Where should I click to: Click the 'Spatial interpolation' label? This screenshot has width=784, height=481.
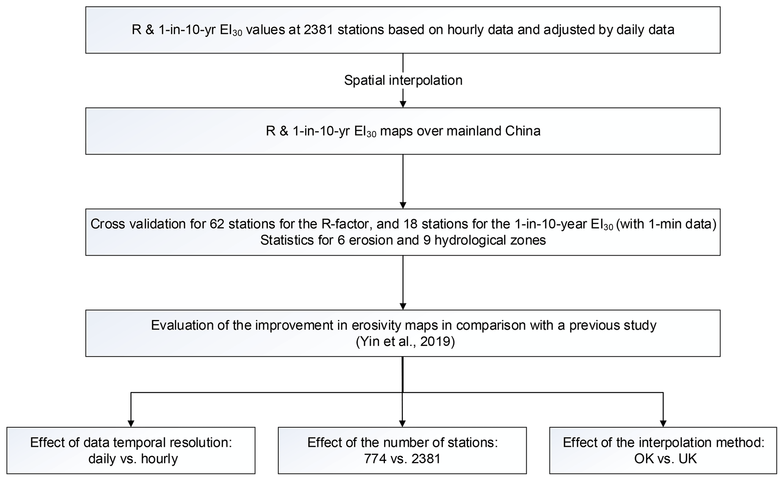click(403, 80)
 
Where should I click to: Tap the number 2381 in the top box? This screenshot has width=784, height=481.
click(318, 30)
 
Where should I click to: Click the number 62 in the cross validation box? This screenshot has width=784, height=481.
click(216, 224)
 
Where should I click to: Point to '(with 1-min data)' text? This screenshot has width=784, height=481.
click(666, 224)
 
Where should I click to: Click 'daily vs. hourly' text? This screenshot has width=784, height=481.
click(133, 459)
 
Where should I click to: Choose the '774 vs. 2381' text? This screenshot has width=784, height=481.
click(402, 459)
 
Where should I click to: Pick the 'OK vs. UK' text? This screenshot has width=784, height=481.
click(665, 459)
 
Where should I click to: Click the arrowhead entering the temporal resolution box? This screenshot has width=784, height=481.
click(131, 424)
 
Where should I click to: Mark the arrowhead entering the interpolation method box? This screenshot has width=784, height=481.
click(663, 424)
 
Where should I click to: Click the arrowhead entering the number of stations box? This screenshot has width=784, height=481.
click(403, 424)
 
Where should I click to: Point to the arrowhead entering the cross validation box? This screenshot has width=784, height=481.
click(403, 205)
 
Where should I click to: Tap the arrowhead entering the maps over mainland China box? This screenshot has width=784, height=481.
click(403, 104)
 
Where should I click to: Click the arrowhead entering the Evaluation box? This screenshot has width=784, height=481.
click(403, 306)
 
